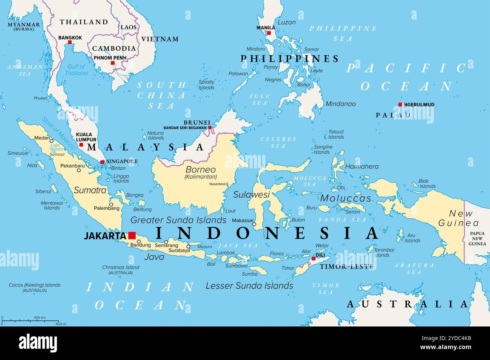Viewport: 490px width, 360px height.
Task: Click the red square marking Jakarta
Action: [132, 235]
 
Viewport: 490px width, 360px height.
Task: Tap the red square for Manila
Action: [269, 33]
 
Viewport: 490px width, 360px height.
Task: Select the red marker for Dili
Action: [313, 259]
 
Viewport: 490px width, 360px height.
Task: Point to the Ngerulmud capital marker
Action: [400, 105]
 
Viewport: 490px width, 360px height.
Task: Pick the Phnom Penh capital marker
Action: [112, 63]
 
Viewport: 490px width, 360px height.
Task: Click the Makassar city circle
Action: [254, 224]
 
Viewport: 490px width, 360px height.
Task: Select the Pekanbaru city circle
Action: [79, 170]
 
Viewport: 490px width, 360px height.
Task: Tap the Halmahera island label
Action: [362, 166]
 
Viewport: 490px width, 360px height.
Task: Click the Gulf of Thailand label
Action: [77, 70]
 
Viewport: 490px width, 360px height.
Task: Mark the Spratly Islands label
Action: [206, 85]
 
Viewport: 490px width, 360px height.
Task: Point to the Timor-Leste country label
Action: [346, 266]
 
